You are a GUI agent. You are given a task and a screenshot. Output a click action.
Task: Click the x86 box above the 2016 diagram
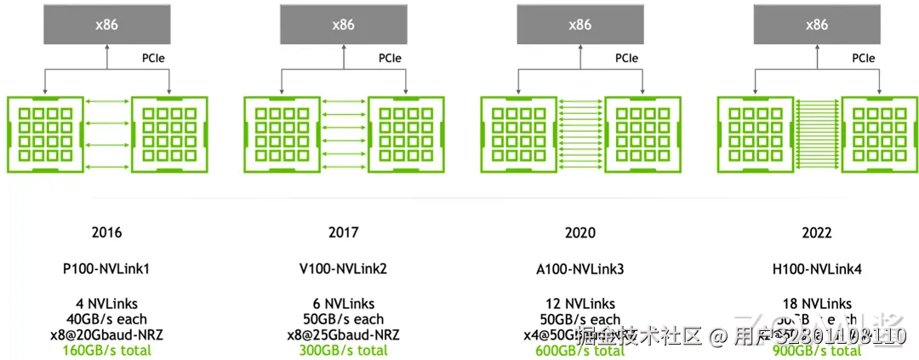click(106, 25)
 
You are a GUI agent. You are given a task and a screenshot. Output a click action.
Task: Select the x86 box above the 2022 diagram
click(816, 25)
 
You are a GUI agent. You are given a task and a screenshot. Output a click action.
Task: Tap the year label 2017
click(343, 232)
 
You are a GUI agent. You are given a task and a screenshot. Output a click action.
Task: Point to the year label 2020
click(579, 232)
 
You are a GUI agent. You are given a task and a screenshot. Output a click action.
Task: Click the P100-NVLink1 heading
click(106, 269)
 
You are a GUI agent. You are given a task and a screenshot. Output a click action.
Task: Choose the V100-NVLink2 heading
click(343, 269)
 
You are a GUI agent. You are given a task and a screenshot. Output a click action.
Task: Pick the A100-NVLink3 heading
click(579, 269)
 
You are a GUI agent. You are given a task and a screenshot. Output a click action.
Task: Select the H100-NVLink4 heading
click(816, 269)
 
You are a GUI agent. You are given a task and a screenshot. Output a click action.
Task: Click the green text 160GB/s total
click(106, 350)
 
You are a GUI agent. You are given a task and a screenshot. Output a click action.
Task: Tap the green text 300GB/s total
click(343, 350)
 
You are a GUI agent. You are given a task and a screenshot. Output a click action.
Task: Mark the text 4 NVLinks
click(106, 304)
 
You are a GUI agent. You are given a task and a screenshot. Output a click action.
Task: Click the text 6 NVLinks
click(343, 304)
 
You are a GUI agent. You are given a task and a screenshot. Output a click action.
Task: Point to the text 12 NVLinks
click(579, 304)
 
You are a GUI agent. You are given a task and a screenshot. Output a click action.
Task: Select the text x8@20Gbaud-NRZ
click(106, 334)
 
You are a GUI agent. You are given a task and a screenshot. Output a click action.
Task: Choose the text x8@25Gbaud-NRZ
click(343, 334)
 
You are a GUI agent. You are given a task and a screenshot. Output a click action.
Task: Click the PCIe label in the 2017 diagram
click(390, 59)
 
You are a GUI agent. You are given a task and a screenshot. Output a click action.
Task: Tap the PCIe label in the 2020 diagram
click(626, 59)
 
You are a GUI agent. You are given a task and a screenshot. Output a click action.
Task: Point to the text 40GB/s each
click(106, 319)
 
